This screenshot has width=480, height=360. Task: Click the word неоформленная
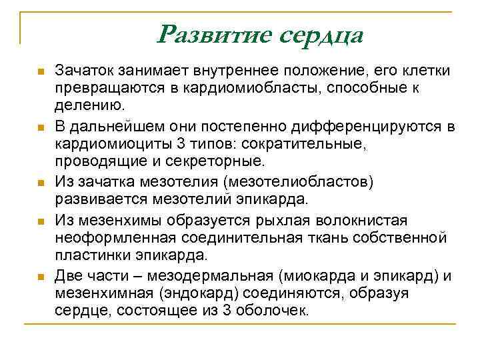pos(109,238)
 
